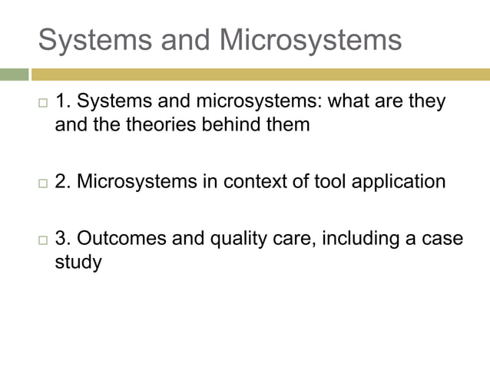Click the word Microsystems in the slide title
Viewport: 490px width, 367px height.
click(310, 40)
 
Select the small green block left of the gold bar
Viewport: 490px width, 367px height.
click(13, 74)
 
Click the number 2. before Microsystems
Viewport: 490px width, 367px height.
click(63, 182)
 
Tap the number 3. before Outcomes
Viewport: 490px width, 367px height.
click(63, 239)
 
